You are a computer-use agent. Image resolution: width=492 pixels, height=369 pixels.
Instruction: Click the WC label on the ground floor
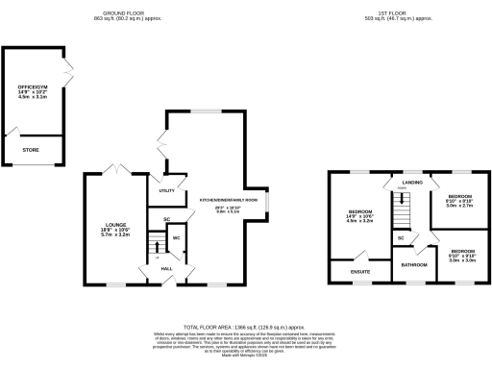coord(177,237)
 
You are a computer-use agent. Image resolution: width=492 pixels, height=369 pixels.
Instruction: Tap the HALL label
coord(166,268)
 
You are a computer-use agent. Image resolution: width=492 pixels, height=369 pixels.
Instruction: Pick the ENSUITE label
coord(357,273)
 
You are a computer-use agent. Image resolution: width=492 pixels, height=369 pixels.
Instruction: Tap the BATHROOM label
coord(414,264)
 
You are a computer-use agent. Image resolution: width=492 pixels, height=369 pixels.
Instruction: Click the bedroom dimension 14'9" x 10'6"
coord(360,216)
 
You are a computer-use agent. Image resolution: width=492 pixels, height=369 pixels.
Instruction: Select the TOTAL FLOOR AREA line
coord(246,327)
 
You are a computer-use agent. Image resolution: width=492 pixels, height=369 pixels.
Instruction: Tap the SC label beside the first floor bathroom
coord(400,237)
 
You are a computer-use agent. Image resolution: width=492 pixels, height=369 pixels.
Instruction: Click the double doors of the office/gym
coord(68,69)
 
